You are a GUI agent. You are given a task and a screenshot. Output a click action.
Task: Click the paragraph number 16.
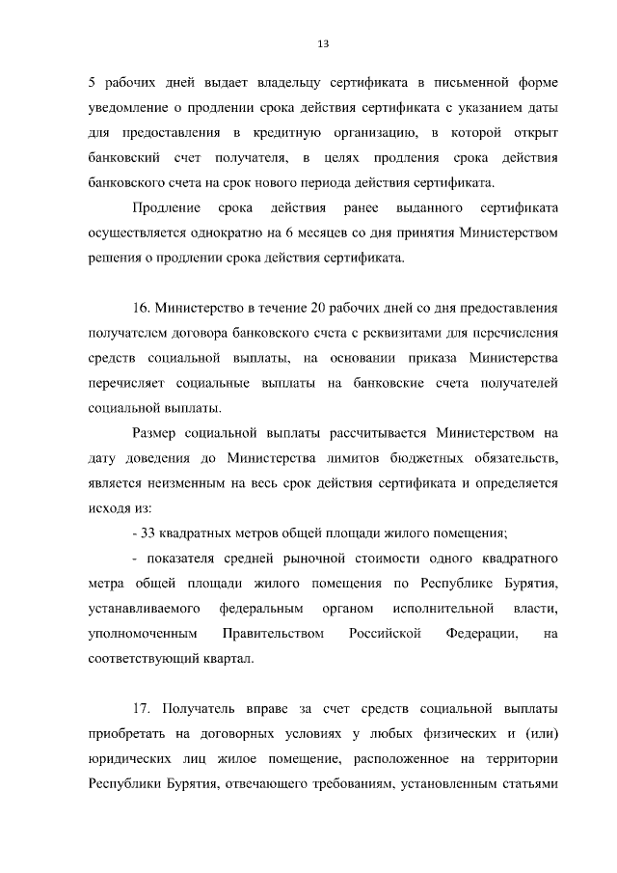tap(143, 308)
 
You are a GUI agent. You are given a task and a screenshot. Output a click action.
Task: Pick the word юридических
tap(127, 760)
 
